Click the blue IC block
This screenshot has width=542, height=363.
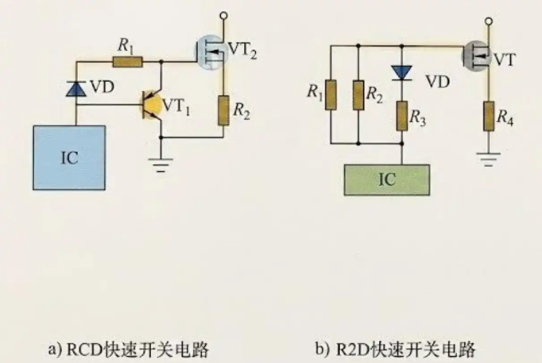[x=69, y=158]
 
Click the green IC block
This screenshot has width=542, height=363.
[x=387, y=180]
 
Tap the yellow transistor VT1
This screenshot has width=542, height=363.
[x=152, y=105]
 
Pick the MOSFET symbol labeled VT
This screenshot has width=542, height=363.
[x=478, y=56]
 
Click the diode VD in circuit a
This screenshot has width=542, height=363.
[x=76, y=89]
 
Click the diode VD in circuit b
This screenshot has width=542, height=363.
[x=401, y=72]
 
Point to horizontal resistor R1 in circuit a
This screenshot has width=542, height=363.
[x=127, y=62]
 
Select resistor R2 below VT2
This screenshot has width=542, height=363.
[x=223, y=110]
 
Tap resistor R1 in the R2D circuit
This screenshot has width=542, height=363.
[x=331, y=95]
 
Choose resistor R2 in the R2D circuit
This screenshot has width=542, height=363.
[x=358, y=95]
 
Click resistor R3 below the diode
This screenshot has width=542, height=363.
[x=401, y=116]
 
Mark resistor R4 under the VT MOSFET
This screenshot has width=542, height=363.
[x=489, y=116]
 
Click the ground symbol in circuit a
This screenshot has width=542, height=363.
[x=161, y=164]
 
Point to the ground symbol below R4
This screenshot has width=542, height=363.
[x=489, y=159]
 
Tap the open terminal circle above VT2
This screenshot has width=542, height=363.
[x=223, y=15]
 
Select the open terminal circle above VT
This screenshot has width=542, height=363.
[x=489, y=21]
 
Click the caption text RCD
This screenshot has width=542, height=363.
[x=85, y=349]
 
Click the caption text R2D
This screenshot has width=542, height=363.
[x=352, y=349]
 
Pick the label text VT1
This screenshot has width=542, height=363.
[x=176, y=106]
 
